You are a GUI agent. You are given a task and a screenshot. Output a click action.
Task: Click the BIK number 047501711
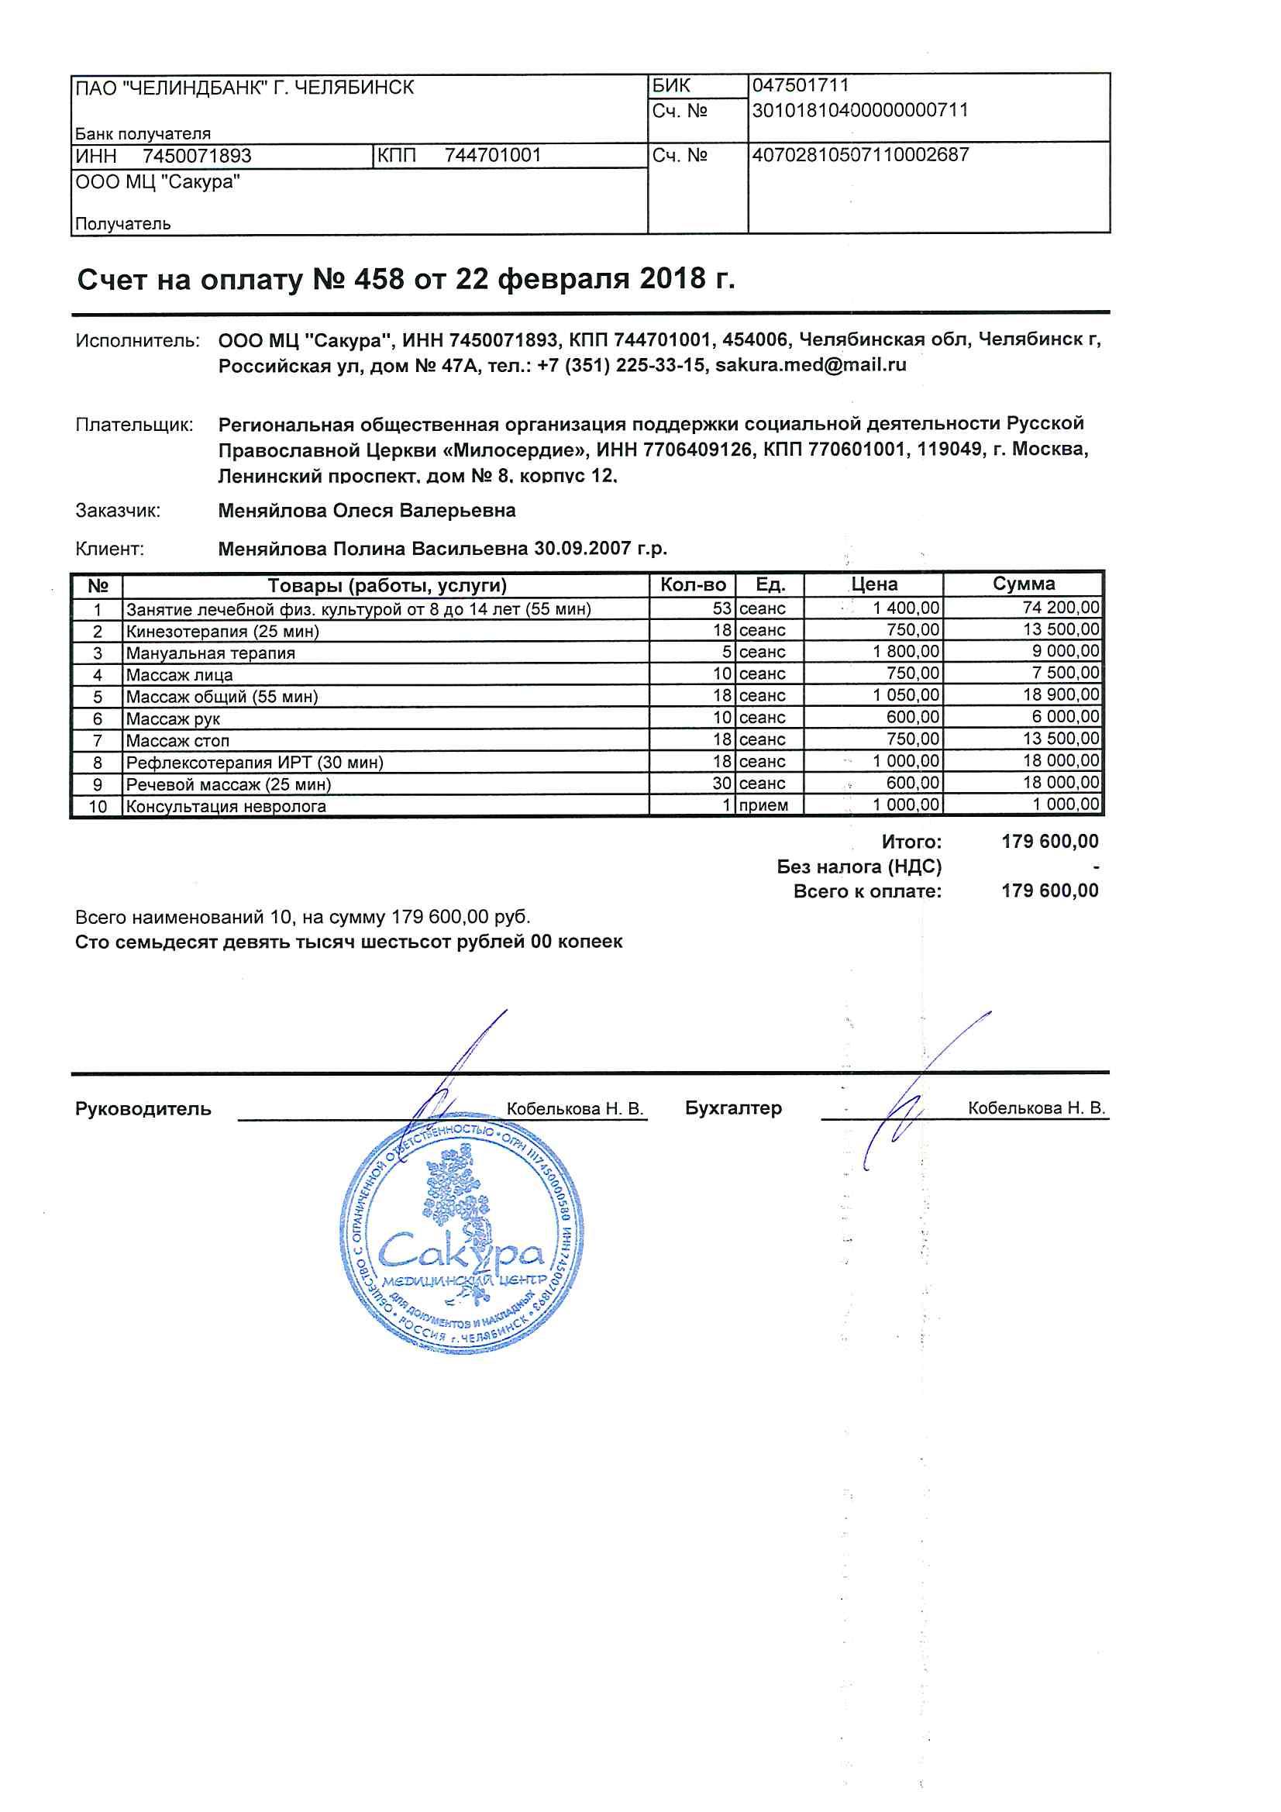click(800, 85)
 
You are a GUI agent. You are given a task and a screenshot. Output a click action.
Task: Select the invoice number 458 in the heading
click(379, 279)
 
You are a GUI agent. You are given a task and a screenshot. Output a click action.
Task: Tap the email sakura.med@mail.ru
click(811, 365)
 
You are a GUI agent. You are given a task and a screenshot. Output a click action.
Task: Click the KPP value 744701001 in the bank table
click(493, 156)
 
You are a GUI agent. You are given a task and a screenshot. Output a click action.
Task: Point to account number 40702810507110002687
click(860, 155)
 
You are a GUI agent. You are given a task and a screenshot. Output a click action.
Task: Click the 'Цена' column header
click(873, 585)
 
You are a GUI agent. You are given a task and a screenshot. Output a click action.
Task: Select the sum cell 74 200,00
click(1060, 608)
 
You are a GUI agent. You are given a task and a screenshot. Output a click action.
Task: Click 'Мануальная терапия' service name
click(211, 653)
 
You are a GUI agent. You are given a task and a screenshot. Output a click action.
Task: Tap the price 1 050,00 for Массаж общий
click(906, 695)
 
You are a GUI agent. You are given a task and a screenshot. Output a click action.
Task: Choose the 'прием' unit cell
click(763, 806)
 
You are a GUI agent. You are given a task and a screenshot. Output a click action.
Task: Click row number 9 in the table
click(97, 784)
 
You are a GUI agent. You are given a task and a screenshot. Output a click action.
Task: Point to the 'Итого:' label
click(911, 842)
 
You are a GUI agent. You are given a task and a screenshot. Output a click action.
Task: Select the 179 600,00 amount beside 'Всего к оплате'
click(1049, 891)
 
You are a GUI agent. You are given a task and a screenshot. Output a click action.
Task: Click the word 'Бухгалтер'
click(733, 1108)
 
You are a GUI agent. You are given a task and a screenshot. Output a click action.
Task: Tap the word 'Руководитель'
click(143, 1109)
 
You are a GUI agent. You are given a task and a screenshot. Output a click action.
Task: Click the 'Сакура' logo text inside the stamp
click(461, 1249)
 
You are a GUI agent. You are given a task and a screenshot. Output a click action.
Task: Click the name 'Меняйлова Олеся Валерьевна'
click(367, 511)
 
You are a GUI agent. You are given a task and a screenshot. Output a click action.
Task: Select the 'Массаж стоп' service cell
click(177, 741)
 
